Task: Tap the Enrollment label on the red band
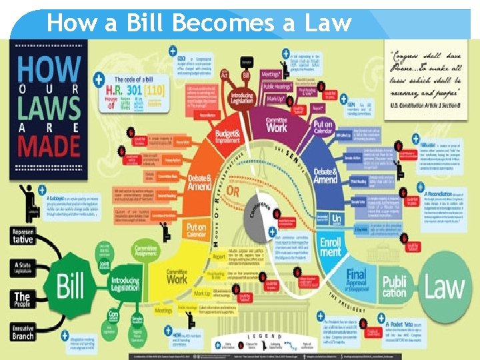(x=330, y=249)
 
